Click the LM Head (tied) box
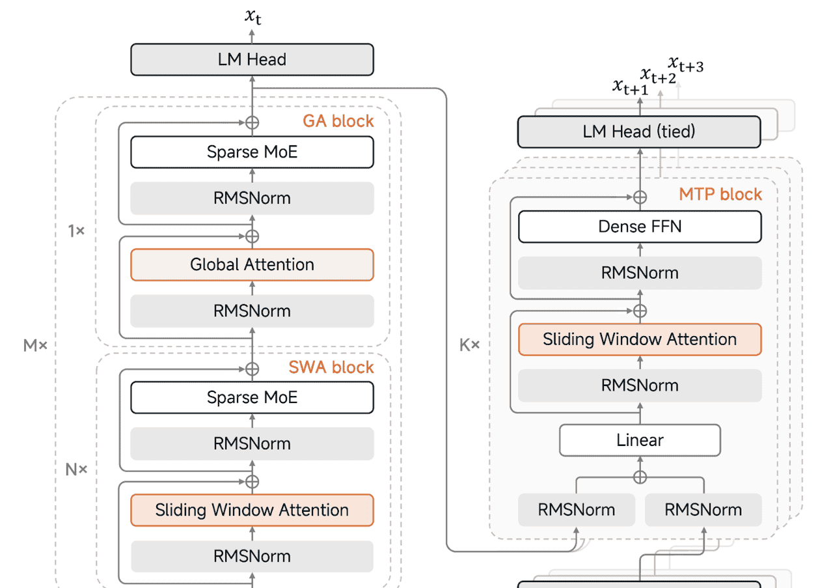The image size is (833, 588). (638, 132)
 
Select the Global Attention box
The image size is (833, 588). (252, 264)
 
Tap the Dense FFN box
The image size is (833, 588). (639, 227)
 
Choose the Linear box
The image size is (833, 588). (640, 440)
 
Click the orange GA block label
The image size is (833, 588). (338, 121)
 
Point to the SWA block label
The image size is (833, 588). (331, 367)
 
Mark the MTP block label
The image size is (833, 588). (720, 194)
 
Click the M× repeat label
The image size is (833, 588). (36, 346)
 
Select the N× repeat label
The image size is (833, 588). (76, 469)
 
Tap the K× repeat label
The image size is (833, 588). (469, 345)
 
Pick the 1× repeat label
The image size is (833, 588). (76, 231)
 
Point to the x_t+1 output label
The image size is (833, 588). (630, 87)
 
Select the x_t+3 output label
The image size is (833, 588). (685, 64)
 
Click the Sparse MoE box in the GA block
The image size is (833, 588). (252, 152)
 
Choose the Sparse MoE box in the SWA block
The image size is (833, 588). (252, 397)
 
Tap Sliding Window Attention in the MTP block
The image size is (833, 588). (639, 339)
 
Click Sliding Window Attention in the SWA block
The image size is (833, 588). (252, 510)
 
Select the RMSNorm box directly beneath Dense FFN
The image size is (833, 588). (639, 273)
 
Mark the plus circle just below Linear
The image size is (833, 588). (640, 477)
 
